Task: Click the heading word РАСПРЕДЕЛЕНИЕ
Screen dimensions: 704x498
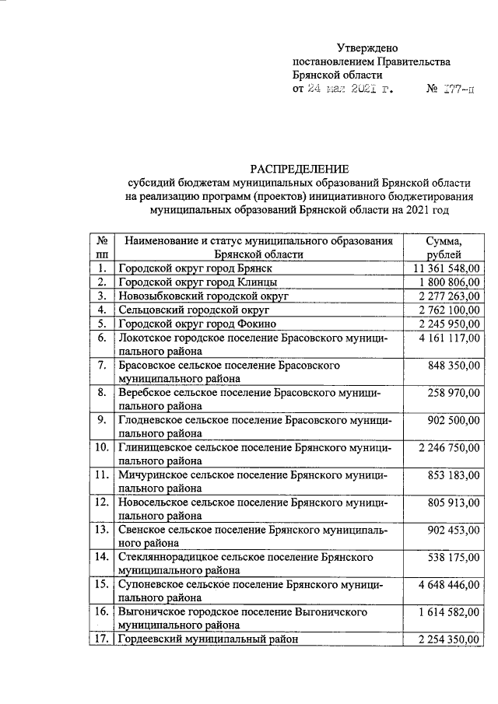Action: tap(300, 169)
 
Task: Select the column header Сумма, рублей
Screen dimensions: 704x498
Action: tap(444, 247)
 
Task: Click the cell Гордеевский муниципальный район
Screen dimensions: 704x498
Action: tap(208, 639)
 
